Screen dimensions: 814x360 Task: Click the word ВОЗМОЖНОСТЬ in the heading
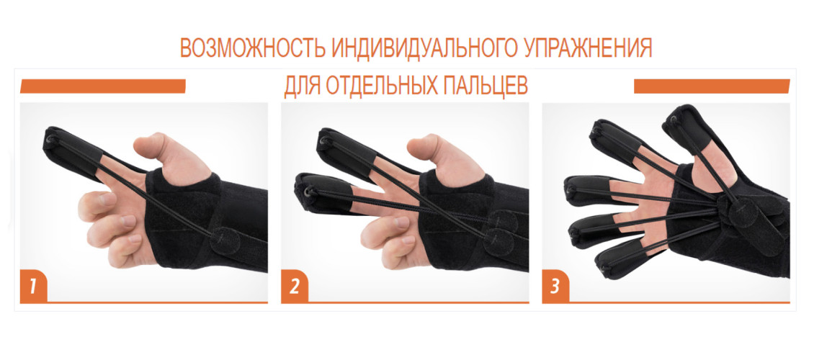tap(252, 48)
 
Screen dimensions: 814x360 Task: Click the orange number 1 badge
tap(32, 287)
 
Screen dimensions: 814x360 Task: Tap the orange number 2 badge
tap(295, 287)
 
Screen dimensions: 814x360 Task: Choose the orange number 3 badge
tap(555, 287)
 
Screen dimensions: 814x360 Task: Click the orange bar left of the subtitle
tap(103, 86)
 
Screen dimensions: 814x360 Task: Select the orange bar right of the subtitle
tap(712, 86)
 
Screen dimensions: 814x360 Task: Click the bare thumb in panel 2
tap(439, 156)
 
